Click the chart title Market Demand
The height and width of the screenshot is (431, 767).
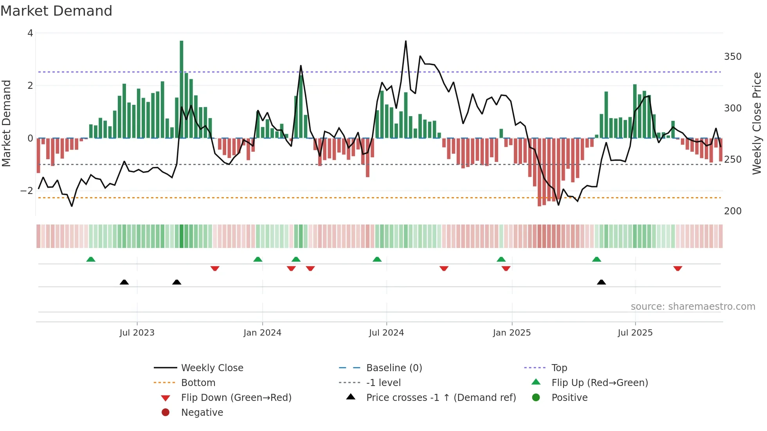(x=56, y=11)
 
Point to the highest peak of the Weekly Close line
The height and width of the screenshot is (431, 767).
(x=406, y=41)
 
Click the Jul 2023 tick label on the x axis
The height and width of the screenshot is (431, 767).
(x=137, y=333)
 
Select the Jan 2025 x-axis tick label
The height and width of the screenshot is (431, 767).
(x=511, y=333)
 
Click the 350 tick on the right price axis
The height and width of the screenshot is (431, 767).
(x=733, y=57)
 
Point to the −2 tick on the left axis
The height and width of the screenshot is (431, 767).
(x=27, y=191)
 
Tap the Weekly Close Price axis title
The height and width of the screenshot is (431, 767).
(x=757, y=123)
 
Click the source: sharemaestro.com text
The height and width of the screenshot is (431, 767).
(x=693, y=307)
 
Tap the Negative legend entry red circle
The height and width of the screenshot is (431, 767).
(x=166, y=413)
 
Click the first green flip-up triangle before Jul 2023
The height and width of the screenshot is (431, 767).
(x=91, y=259)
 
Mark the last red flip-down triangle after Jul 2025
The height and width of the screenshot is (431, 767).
(x=678, y=268)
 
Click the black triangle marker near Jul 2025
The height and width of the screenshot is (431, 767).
(x=601, y=282)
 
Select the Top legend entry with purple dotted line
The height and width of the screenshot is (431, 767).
(x=559, y=368)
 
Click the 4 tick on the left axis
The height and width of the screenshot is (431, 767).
(x=30, y=33)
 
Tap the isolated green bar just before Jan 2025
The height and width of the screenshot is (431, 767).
(x=501, y=133)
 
